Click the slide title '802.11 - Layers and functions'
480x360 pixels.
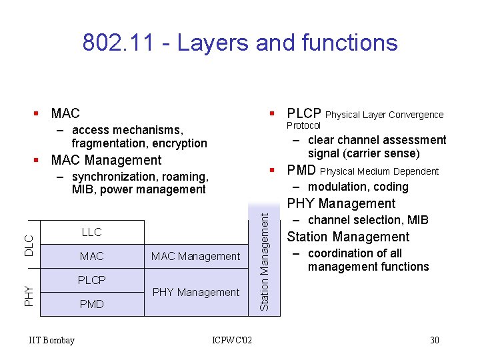click(240, 43)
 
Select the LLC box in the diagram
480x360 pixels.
click(91, 232)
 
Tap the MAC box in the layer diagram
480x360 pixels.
click(91, 256)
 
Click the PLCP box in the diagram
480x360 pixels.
click(91, 280)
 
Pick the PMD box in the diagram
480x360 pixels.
click(91, 304)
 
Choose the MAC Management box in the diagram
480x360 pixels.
click(195, 256)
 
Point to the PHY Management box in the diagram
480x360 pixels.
click(196, 292)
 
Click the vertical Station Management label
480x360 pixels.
click(264, 261)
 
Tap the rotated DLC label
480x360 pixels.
click(29, 245)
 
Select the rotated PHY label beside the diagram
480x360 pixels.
click(29, 294)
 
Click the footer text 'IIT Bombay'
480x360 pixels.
click(52, 341)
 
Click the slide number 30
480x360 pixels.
click(434, 341)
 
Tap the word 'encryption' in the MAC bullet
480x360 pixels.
click(179, 143)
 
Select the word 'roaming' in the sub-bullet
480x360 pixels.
click(187, 177)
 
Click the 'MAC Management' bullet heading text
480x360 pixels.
click(106, 160)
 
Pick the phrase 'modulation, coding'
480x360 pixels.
click(358, 187)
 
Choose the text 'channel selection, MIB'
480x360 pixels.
click(368, 220)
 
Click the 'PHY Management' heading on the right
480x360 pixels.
click(341, 204)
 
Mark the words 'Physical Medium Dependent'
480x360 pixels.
click(379, 172)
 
